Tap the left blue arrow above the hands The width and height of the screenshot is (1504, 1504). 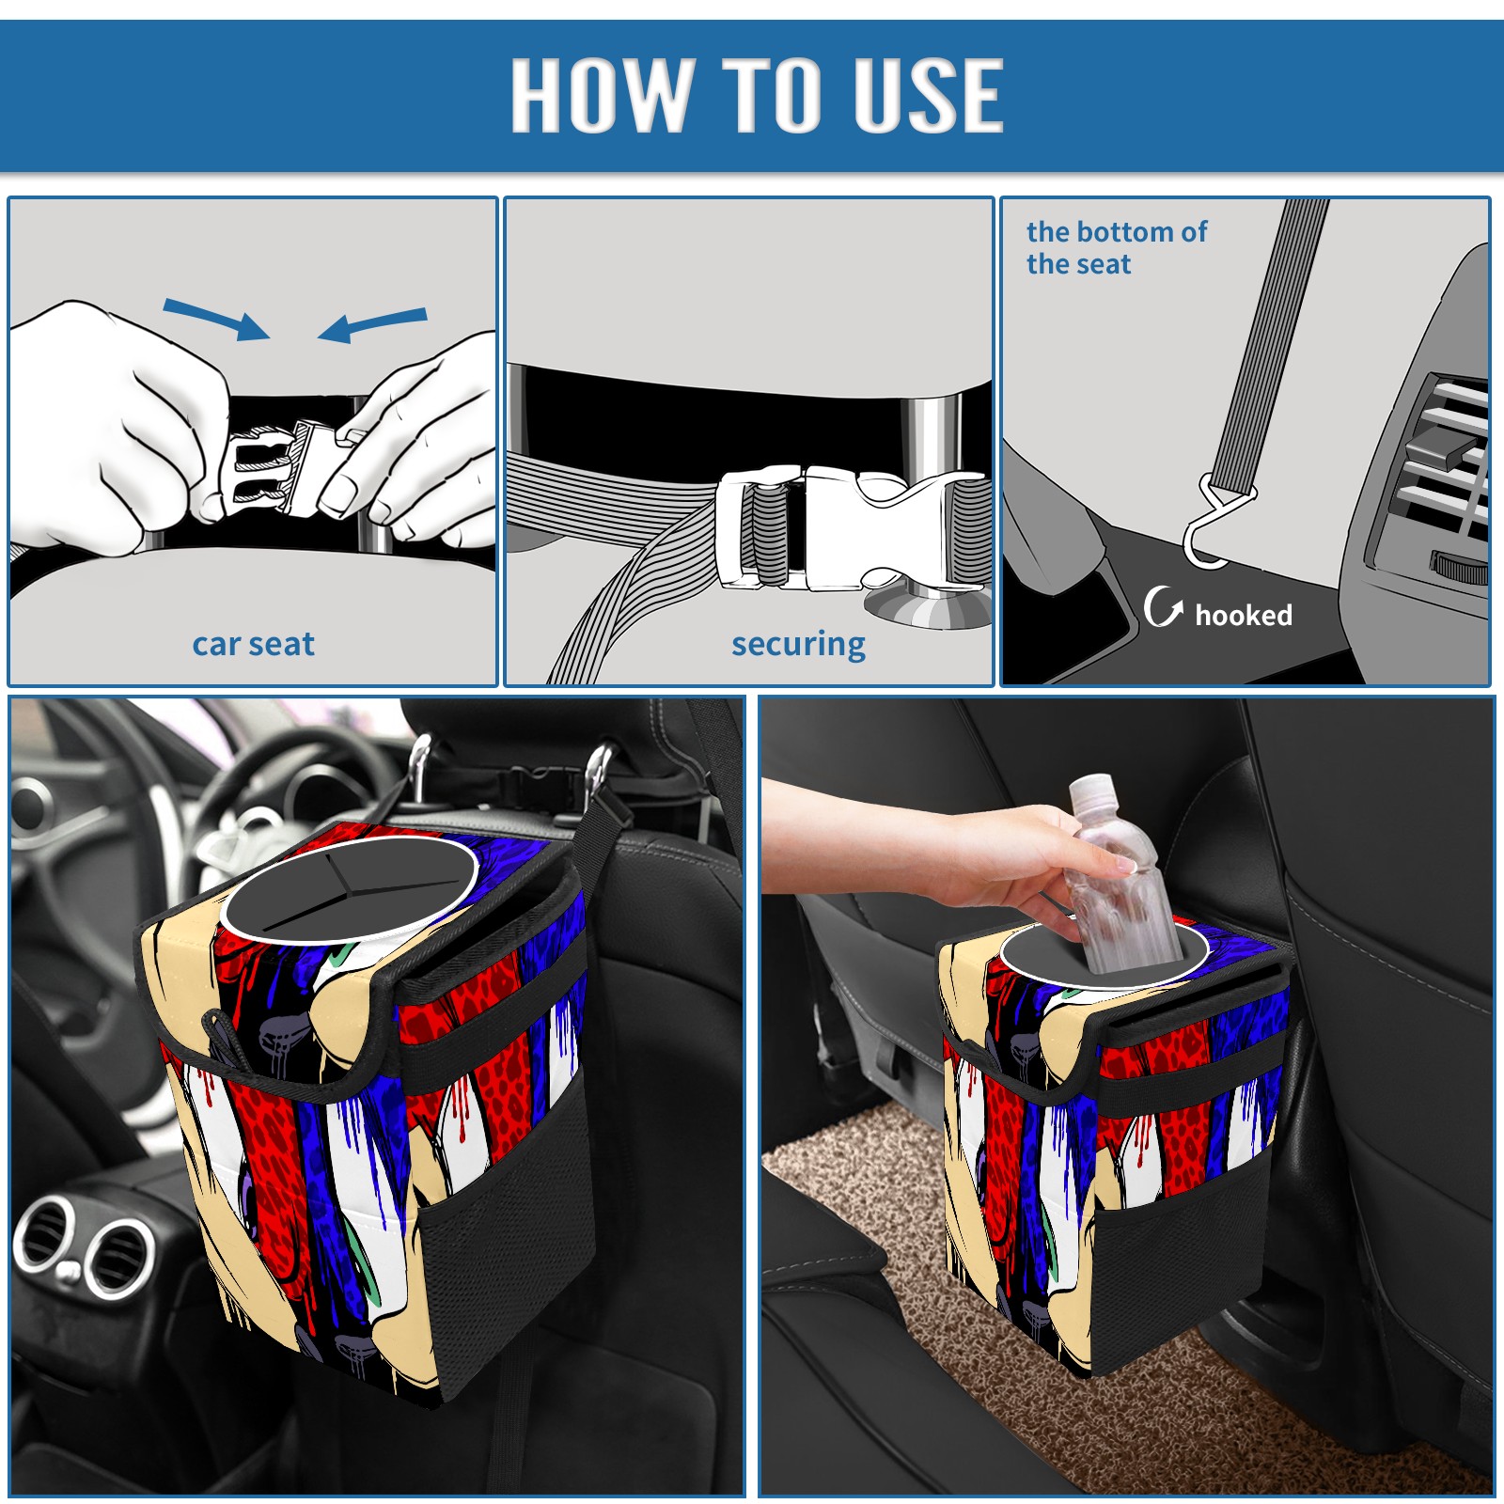click(x=216, y=319)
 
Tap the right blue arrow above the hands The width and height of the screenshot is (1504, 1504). click(x=372, y=324)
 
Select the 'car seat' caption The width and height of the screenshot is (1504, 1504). click(x=253, y=644)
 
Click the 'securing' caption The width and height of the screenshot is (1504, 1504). click(x=798, y=645)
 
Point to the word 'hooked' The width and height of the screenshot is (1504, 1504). click(x=1244, y=615)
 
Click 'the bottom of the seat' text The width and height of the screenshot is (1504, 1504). click(x=1116, y=247)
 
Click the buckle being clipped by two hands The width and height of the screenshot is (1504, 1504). click(x=274, y=468)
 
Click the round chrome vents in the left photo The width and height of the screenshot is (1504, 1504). click(x=85, y=1245)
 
